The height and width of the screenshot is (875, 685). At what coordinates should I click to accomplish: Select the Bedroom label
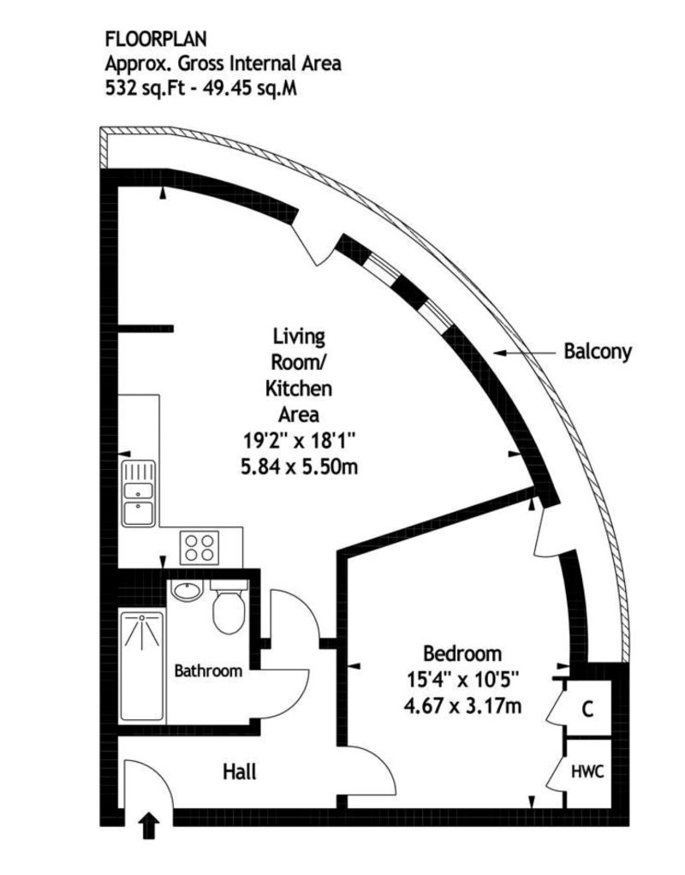[x=462, y=654]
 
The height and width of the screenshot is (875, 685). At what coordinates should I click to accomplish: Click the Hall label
[x=240, y=771]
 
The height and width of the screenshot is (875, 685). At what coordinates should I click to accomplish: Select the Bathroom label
[x=208, y=671]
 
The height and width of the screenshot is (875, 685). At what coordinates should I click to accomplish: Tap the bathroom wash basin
[x=186, y=592]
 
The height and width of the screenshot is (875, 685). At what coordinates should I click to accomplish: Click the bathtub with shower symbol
[x=141, y=664]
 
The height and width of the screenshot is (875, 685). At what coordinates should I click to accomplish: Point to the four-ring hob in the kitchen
[x=200, y=545]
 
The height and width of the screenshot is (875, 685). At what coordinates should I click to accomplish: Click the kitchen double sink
[x=138, y=493]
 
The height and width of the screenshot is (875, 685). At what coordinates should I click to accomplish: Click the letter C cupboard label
[x=587, y=709]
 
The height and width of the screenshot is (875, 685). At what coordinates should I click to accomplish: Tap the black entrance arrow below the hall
[x=148, y=826]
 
